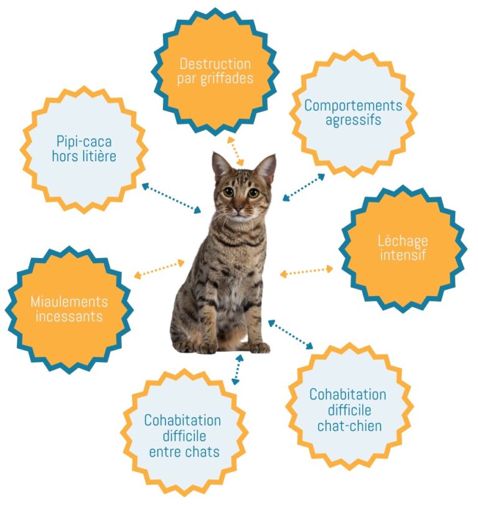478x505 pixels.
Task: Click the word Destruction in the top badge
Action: coord(215,64)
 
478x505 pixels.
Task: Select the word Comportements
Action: coord(353,105)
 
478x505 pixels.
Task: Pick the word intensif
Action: coord(403,255)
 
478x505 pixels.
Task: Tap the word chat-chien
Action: coord(349,426)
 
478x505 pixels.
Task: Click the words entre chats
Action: coord(184,452)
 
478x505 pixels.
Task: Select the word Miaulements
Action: coord(69,302)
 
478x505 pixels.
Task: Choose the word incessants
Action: coord(69,317)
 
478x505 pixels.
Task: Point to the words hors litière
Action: coord(83,156)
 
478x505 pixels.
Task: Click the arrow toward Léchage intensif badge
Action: coord(306,271)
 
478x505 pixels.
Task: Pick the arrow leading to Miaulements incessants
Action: coord(159,268)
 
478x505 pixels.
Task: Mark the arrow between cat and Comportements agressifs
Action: coord(304,187)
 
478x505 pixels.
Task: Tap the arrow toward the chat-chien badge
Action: coord(291,335)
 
